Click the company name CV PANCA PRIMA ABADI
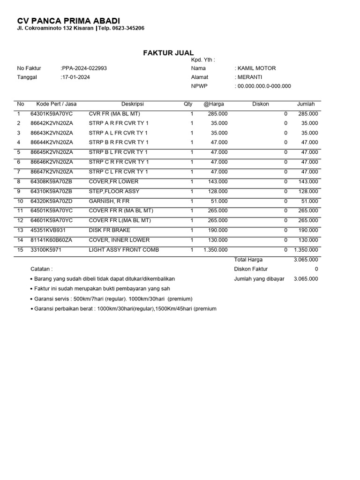click(68, 21)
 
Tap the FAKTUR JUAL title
click(168, 53)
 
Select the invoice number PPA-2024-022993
click(84, 68)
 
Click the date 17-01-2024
click(75, 77)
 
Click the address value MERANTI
click(250, 77)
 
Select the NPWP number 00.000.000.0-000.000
click(263, 86)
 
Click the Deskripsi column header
click(133, 104)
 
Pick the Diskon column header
click(261, 104)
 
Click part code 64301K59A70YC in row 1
click(52, 114)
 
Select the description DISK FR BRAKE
click(110, 230)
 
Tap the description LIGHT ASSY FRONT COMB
click(124, 250)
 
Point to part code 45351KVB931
click(48, 230)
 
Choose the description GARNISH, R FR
click(109, 201)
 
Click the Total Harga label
click(248, 259)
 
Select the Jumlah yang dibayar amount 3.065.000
click(306, 278)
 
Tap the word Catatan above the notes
click(42, 269)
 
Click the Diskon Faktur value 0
click(316, 269)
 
